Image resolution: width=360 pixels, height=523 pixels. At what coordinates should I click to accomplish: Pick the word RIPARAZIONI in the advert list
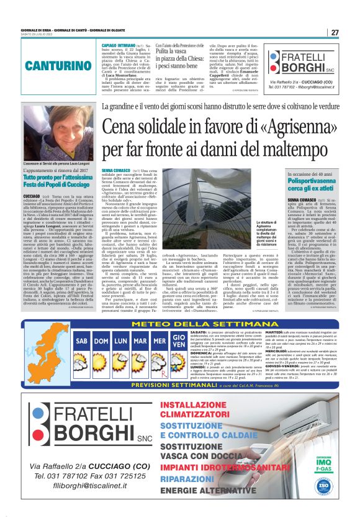pyautogui.click(x=196, y=479)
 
